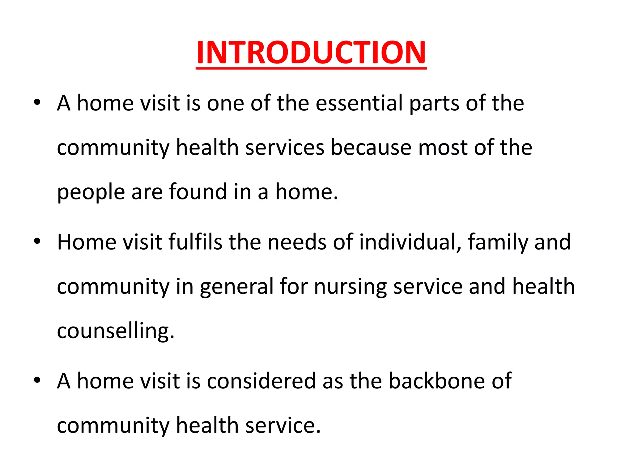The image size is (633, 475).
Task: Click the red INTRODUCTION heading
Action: (311, 53)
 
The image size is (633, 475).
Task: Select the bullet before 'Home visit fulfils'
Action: (37, 242)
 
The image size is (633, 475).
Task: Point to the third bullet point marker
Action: (37, 380)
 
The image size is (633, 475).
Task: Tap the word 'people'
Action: (91, 193)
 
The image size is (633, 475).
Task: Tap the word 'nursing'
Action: (350, 287)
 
